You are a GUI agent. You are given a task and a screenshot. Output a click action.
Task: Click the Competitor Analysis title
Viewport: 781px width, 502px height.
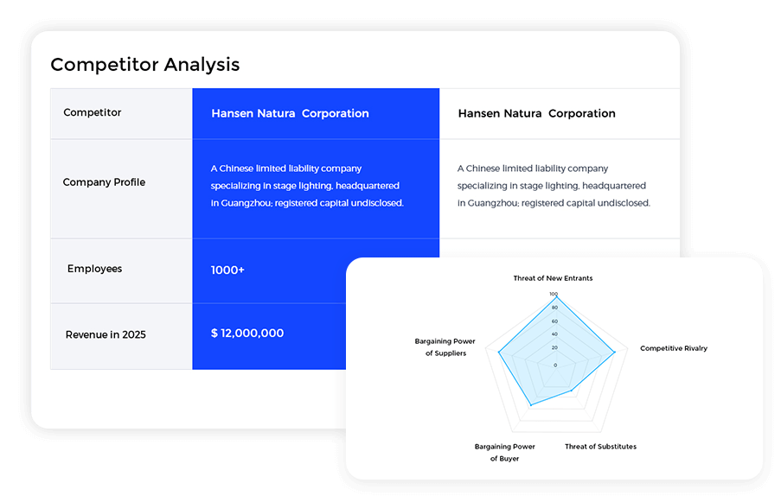tap(145, 65)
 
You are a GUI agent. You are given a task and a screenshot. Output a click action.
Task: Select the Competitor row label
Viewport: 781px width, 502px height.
tap(93, 113)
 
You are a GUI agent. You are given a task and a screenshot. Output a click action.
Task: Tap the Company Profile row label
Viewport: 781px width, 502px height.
tap(104, 182)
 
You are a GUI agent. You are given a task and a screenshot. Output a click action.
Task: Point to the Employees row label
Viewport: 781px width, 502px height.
tap(94, 269)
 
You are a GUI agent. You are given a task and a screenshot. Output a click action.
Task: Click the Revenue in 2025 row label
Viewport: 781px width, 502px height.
tap(106, 334)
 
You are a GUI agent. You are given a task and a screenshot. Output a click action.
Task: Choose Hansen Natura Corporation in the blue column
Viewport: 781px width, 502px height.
tap(290, 113)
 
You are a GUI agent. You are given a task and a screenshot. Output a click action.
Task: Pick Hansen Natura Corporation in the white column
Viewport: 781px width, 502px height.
tap(536, 113)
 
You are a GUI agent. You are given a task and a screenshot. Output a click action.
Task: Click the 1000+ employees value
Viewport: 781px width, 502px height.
tap(227, 270)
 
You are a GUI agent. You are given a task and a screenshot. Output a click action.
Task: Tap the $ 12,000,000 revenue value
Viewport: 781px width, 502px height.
tap(247, 334)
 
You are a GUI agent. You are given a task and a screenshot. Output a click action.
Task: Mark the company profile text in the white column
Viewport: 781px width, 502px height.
tap(554, 186)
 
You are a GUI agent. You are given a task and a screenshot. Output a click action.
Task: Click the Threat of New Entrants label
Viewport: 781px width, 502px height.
tap(553, 278)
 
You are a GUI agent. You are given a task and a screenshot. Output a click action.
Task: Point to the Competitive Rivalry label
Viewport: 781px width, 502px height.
tap(674, 349)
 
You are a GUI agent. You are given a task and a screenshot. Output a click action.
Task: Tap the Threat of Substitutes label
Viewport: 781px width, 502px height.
tap(600, 447)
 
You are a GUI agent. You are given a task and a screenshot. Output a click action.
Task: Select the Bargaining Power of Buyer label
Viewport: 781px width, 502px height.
tap(505, 453)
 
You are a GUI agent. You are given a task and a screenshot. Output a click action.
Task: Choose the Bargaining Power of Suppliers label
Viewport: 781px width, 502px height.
tap(445, 347)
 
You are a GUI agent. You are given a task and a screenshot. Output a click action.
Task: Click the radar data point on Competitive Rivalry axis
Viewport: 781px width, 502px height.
tap(615, 352)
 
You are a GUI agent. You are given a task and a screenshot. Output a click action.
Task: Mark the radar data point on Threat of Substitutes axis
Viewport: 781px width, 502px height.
tap(573, 391)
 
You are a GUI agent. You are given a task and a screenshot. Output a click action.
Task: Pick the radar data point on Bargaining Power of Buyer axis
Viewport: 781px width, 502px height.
tap(531, 405)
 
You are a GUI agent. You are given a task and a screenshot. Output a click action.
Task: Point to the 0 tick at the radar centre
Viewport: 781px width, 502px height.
tap(554, 365)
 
